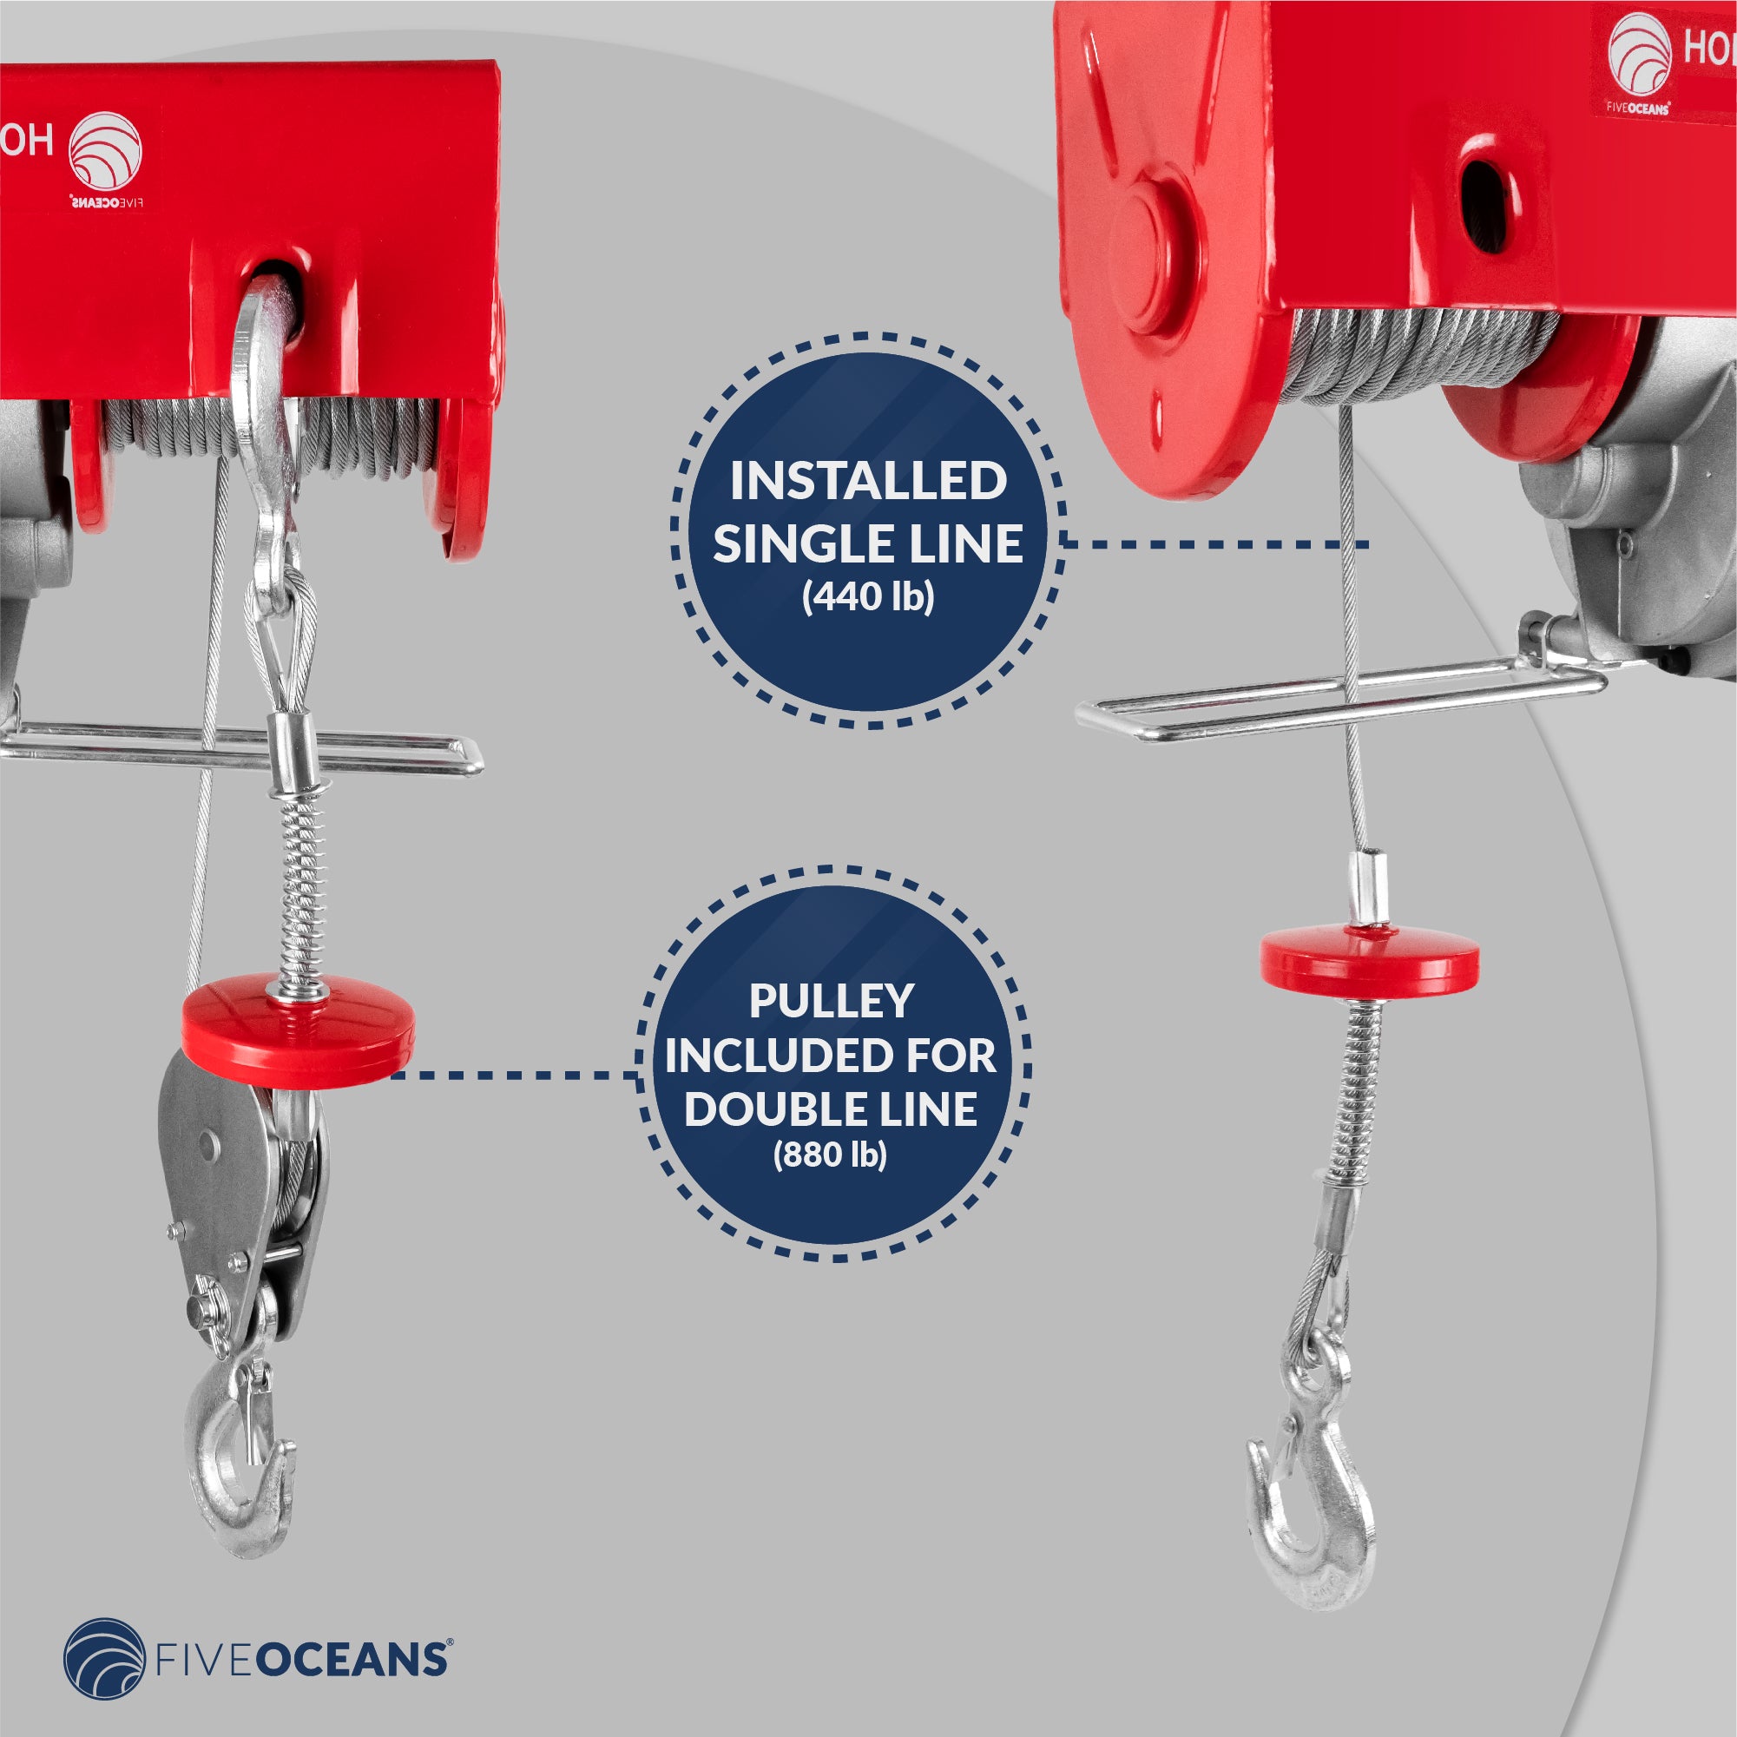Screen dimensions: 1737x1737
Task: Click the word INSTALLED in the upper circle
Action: click(x=867, y=482)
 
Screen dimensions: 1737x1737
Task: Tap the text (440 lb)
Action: click(x=867, y=597)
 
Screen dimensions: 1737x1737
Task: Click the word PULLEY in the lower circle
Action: click(x=831, y=1002)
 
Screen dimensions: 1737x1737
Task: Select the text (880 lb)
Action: click(x=830, y=1155)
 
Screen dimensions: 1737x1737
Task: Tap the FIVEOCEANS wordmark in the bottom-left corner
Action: click(x=302, y=1660)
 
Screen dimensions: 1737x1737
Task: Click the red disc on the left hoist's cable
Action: click(x=297, y=1030)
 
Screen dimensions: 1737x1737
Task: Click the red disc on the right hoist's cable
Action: click(x=1368, y=959)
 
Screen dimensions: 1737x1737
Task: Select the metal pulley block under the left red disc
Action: click(x=238, y=1187)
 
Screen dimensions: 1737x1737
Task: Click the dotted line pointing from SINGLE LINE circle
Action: click(x=1214, y=544)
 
